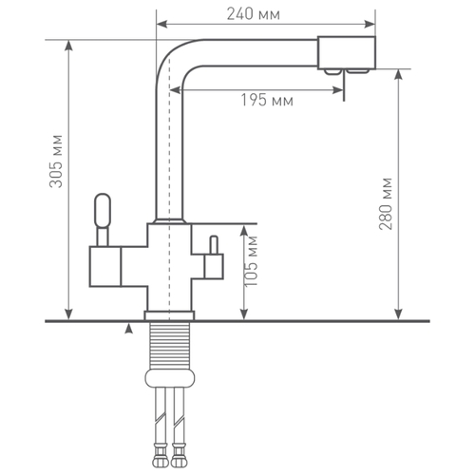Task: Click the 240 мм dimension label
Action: [254, 14]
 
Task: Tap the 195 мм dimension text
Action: [267, 101]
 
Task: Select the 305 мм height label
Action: [56, 161]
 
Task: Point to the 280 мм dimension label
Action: [386, 203]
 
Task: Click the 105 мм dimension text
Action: [252, 261]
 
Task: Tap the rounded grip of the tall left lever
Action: [103, 210]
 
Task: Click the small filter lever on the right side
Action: [214, 245]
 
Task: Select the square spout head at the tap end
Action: [347, 53]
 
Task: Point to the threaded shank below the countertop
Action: [169, 345]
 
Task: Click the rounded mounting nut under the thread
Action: [170, 378]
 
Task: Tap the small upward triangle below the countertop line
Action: [128, 329]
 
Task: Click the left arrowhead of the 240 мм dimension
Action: [161, 24]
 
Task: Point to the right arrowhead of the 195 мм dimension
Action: [338, 90]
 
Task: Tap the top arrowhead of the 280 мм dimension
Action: [399, 75]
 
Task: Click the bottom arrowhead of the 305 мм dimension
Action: [68, 314]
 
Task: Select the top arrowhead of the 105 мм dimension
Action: [243, 230]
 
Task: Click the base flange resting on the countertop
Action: [169, 315]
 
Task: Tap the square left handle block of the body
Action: [105, 267]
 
